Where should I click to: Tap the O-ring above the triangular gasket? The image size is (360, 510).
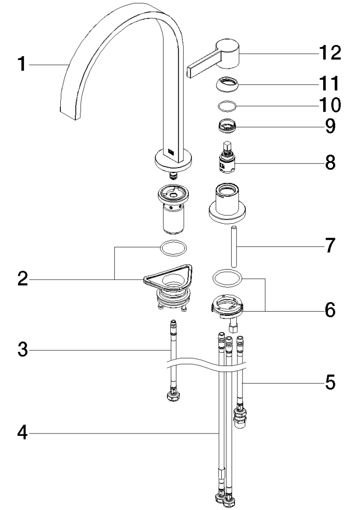click(x=174, y=247)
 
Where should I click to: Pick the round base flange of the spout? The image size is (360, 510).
click(x=174, y=162)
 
